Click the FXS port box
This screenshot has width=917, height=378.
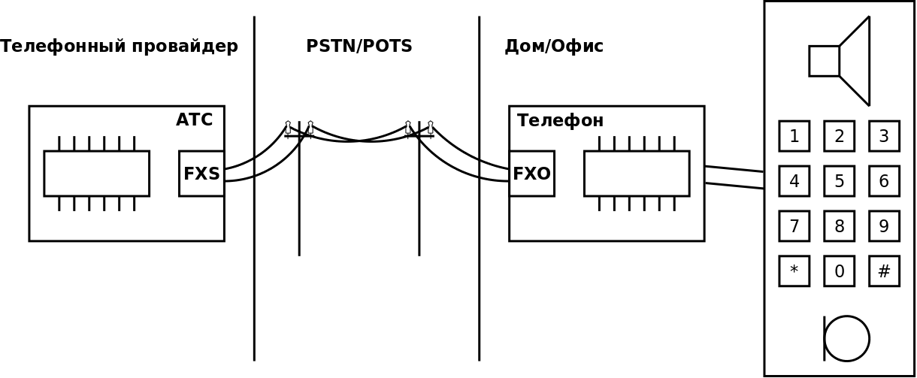coord(201,174)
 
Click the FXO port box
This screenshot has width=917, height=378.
coord(531,174)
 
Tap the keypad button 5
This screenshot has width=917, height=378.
coord(840,181)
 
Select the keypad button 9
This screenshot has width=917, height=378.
coord(884,225)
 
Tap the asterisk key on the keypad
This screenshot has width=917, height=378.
coord(794,271)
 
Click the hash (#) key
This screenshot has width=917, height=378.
coord(884,271)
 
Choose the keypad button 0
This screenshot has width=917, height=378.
coord(840,271)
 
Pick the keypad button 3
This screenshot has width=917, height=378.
coord(884,136)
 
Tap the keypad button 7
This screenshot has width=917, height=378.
coord(794,225)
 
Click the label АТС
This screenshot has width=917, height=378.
coord(194,120)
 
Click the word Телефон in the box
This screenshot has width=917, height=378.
coord(560,121)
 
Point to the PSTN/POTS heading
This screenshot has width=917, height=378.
coord(359,46)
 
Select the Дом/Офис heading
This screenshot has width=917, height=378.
coord(554,47)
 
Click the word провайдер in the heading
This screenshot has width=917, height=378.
coord(185,47)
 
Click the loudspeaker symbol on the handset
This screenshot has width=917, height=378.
coord(840,61)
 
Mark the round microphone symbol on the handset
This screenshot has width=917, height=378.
coord(846,338)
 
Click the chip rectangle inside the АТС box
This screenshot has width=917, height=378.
coord(97,174)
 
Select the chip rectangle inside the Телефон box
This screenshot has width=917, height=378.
coord(637,174)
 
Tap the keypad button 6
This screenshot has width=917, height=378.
coord(884,181)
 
